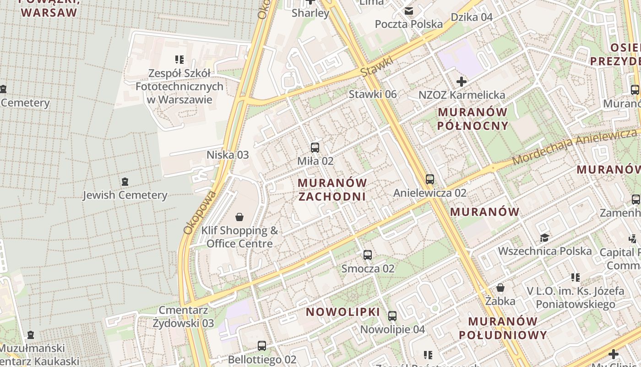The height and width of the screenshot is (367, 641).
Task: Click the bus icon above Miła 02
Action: click(315, 148)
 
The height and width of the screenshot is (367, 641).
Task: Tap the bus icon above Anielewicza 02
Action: click(429, 179)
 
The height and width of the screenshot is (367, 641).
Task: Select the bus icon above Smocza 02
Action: click(367, 255)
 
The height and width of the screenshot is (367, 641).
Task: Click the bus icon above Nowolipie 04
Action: click(392, 316)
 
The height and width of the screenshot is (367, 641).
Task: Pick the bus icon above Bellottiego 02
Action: click(262, 346)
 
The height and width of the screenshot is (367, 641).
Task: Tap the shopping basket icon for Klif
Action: click(239, 217)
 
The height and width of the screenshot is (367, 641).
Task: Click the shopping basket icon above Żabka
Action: click(500, 288)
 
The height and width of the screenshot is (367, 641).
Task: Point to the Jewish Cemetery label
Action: click(125, 195)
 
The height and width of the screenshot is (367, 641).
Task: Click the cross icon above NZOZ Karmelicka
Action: click(462, 82)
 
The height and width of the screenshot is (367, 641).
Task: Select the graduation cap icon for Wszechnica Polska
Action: click(544, 238)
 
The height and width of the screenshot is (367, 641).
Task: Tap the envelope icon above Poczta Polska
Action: click(408, 11)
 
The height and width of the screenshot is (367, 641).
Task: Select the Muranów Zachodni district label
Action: click(332, 189)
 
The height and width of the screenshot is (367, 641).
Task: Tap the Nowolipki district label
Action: click(343, 312)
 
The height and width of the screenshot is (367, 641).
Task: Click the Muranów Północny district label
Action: click(473, 119)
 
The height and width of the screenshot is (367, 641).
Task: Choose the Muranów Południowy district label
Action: click(503, 328)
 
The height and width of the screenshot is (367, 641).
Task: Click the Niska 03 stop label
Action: click(228, 155)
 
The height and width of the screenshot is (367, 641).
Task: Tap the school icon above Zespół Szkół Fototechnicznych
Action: click(179, 59)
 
